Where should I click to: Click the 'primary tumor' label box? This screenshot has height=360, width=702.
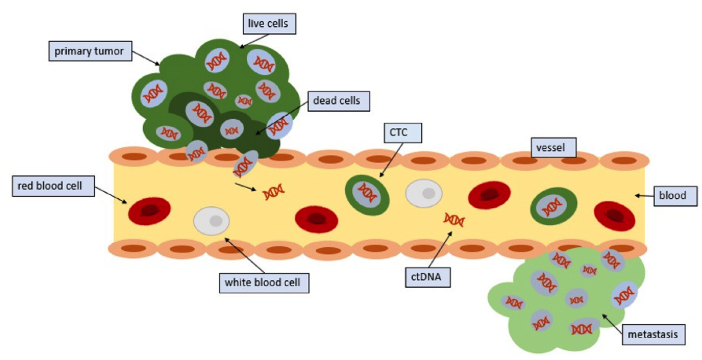90,51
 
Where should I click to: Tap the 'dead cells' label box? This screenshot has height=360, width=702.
336,101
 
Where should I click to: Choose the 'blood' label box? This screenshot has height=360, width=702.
676,195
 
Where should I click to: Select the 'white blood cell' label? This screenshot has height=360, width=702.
264,283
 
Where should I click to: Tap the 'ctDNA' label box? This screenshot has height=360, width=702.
427,277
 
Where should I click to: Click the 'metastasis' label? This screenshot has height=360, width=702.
656,334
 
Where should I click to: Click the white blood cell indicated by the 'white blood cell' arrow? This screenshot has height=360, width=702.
211,221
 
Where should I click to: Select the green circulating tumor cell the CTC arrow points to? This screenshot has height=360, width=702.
367,192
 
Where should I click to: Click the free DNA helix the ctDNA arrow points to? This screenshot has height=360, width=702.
454,219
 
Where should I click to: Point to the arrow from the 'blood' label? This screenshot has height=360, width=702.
644,195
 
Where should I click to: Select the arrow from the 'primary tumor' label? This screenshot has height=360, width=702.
147,58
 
